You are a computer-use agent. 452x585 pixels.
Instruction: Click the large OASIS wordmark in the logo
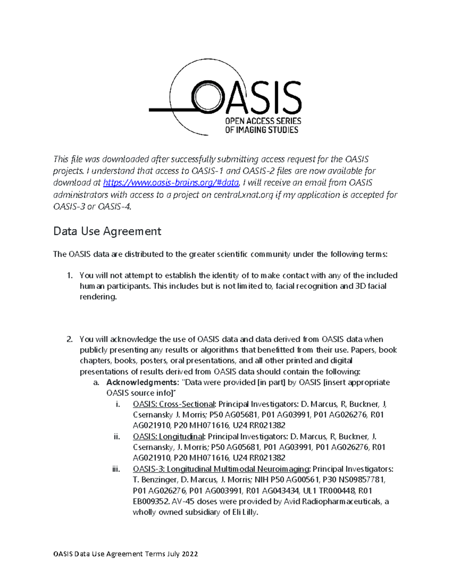(247, 97)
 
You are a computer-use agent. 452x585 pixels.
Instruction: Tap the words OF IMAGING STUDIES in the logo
(261, 130)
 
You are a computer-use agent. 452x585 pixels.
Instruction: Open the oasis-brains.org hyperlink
(171, 183)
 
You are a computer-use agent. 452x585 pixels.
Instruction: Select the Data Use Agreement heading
(107, 231)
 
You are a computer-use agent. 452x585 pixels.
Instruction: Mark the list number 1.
(69, 275)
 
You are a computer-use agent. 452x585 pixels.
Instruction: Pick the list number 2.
(69, 339)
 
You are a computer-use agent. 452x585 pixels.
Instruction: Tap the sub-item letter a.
(96, 382)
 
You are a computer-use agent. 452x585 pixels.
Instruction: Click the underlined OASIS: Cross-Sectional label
(173, 404)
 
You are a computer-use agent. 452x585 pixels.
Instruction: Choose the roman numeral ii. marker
(117, 437)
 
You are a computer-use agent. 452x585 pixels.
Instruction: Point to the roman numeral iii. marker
(116, 469)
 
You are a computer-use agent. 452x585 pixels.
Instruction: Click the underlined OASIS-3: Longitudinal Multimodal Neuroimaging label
(221, 469)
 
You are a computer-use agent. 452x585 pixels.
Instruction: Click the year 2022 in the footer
(190, 554)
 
